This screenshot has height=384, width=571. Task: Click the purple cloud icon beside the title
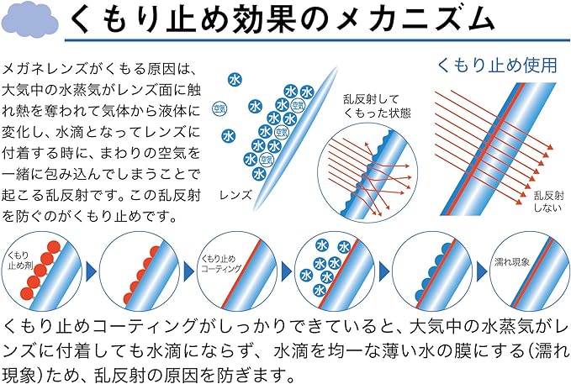coord(30,22)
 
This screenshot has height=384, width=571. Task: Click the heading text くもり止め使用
coord(497,66)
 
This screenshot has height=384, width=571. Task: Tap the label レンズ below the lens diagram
coord(235,195)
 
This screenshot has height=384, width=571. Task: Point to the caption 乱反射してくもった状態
coord(377,106)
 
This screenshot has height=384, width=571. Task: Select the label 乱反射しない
coord(549,202)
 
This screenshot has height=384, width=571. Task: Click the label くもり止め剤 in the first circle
coord(21,260)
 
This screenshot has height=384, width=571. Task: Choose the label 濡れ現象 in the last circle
coord(511,262)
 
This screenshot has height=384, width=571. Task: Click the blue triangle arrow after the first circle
coord(90,271)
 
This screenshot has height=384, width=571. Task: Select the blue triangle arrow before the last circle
coord(481,271)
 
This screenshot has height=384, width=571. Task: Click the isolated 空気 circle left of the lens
coord(219,108)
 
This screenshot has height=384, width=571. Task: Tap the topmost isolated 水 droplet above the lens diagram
coord(235,79)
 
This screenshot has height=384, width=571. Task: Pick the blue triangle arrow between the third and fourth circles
coord(287,271)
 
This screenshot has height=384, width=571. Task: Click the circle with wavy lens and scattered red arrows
coord(367,172)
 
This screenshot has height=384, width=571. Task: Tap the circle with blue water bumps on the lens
coord(432,271)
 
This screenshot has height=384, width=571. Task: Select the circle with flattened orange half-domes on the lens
coord(140,271)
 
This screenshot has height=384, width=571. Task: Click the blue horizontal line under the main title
coord(317,40)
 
